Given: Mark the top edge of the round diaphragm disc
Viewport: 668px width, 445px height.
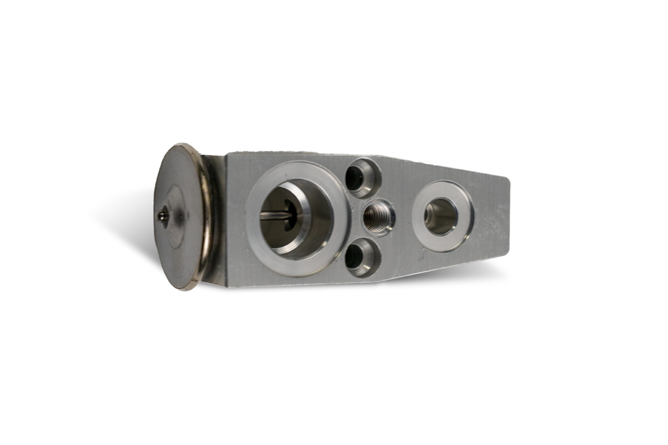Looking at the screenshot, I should click(181, 145).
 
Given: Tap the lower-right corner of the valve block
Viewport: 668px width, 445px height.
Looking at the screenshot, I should click(505, 257).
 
